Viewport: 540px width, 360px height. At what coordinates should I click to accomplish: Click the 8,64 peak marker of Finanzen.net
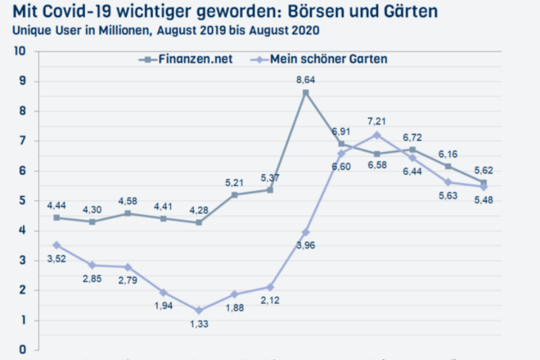pos(306,93)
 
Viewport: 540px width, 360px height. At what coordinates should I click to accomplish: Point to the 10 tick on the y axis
pos(20,51)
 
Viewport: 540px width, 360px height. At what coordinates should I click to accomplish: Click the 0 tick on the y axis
pos(22,350)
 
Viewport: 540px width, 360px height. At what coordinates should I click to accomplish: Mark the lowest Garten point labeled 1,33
pos(199,311)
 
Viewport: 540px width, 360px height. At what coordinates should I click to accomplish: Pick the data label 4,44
pos(57,204)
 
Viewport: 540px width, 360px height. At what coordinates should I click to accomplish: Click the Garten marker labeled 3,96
pos(306,232)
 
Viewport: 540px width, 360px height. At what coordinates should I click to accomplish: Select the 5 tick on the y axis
pos(22,201)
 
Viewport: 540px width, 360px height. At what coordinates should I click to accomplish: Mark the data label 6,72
pos(411,137)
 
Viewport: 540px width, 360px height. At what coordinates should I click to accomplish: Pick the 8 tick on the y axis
pos(22,111)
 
